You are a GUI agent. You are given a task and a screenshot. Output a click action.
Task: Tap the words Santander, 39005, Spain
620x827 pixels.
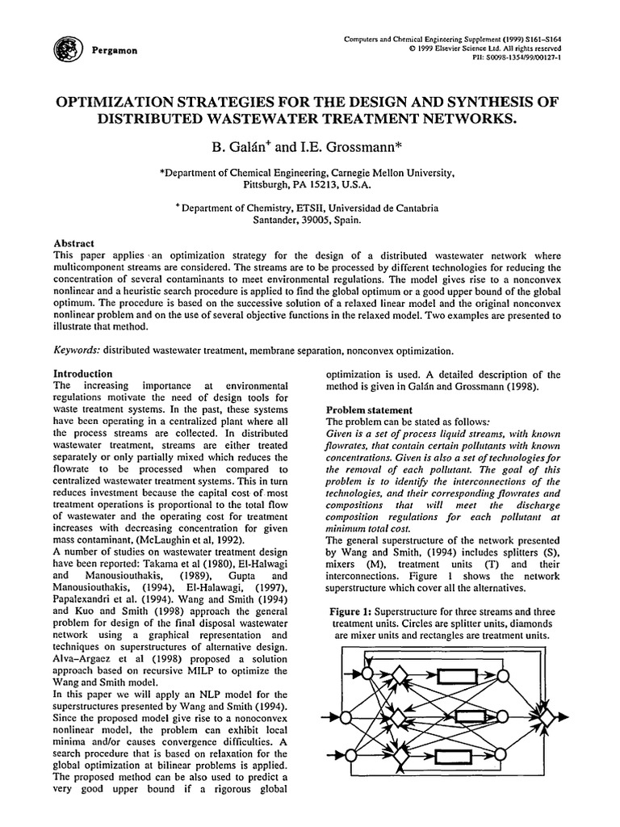pyautogui.click(x=309, y=219)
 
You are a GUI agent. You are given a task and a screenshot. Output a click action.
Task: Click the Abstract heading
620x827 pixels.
pyautogui.click(x=73, y=243)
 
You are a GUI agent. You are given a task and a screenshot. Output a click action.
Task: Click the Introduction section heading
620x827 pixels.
pyautogui.click(x=82, y=374)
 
